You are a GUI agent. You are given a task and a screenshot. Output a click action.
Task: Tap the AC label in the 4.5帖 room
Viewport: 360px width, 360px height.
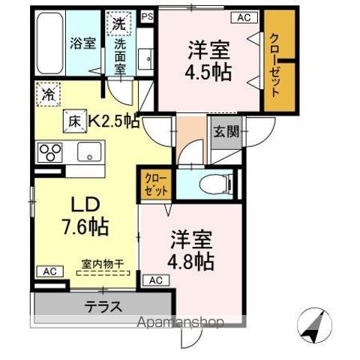click(x=244, y=16)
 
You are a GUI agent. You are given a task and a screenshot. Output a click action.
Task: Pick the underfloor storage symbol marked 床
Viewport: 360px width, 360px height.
click(x=76, y=119)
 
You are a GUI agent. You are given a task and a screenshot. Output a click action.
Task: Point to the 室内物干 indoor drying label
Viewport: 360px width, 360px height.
click(x=103, y=264)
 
